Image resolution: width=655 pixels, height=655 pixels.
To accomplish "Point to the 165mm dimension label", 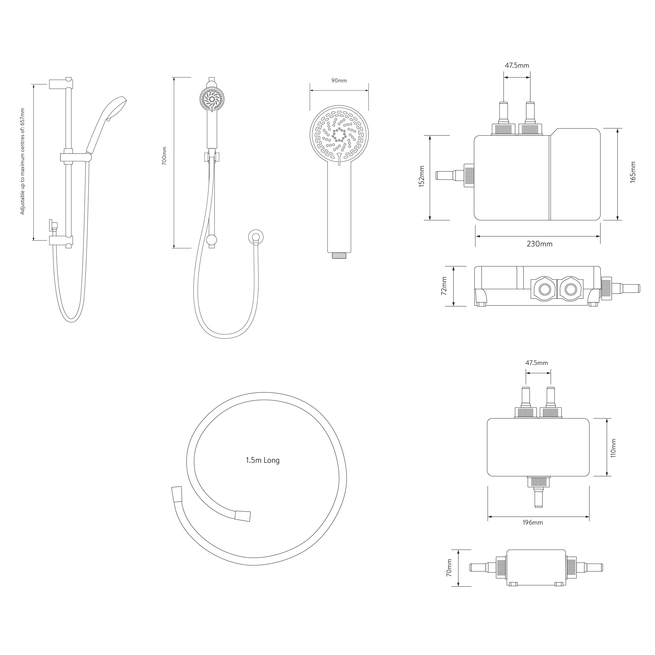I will pyautogui.click(x=633, y=172).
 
